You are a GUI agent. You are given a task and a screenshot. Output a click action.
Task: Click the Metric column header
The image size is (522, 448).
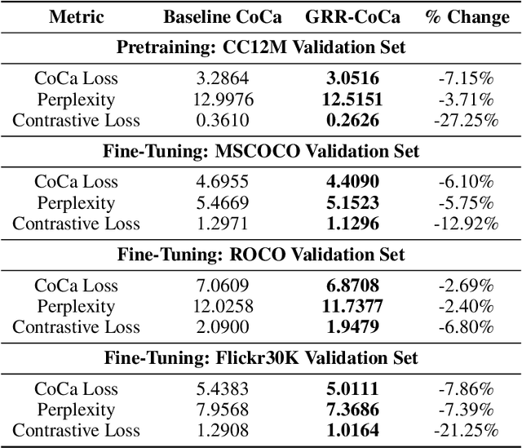pyautogui.click(x=76, y=17)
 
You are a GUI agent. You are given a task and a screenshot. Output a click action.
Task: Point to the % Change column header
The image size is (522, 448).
pyautogui.click(x=467, y=17)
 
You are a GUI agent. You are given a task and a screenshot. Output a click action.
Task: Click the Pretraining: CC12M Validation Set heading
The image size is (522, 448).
pyautogui.click(x=261, y=48)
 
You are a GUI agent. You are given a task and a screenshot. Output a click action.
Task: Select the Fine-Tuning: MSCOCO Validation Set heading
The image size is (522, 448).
pyautogui.click(x=261, y=152)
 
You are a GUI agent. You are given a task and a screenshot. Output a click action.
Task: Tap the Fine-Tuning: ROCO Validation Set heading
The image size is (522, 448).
pyautogui.click(x=261, y=255)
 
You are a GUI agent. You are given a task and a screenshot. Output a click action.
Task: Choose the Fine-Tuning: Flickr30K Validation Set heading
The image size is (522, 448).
pyautogui.click(x=261, y=358)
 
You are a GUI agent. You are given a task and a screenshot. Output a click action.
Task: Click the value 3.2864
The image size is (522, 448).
pyautogui.click(x=215, y=79)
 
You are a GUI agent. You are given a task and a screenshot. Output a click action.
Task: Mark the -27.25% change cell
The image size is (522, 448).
pyautogui.click(x=467, y=121)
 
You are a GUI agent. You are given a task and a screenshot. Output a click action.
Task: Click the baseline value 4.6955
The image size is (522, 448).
pyautogui.click(x=215, y=183)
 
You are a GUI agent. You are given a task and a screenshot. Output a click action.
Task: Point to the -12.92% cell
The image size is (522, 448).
pyautogui.click(x=467, y=224)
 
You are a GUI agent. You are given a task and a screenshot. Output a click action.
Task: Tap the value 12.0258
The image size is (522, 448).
pyautogui.click(x=215, y=307)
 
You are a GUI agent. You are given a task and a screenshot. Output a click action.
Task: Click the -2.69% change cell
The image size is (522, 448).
pyautogui.click(x=467, y=286)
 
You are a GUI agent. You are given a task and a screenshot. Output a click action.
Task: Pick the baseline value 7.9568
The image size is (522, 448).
pyautogui.click(x=215, y=410)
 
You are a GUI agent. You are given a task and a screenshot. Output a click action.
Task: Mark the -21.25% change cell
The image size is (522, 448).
pyautogui.click(x=467, y=431)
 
